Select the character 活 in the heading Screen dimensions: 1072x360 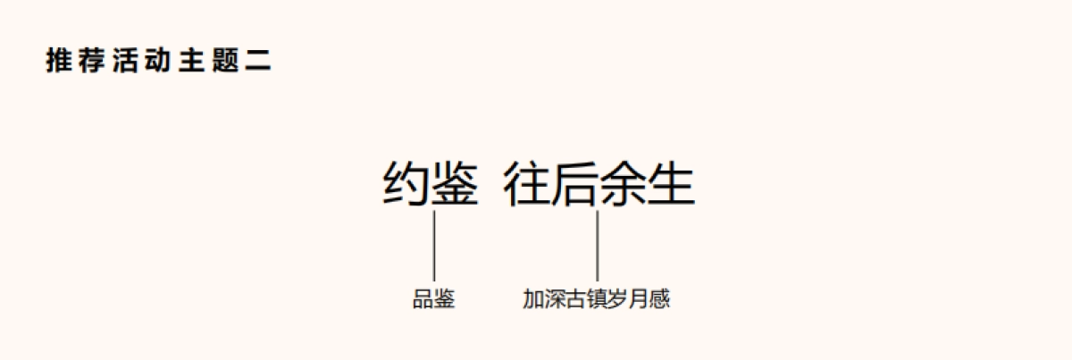[x=125, y=62]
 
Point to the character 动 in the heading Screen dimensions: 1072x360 [x=158, y=62]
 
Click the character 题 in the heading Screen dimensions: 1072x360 [x=225, y=62]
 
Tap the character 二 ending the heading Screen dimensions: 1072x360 [x=258, y=62]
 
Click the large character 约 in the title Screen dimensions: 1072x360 [x=406, y=185]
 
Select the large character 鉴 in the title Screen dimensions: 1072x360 [x=456, y=185]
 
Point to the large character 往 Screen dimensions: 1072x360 [x=527, y=185]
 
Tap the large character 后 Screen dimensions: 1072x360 [x=574, y=185]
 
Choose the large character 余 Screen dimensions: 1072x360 [x=623, y=185]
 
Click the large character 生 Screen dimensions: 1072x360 [x=671, y=185]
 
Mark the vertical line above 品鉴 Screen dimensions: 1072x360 [x=434, y=246]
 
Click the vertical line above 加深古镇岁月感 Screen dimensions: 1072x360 [x=597, y=246]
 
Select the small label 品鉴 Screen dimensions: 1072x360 [x=434, y=300]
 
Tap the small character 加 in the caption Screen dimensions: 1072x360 [x=533, y=300]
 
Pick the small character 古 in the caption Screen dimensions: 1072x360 [x=575, y=300]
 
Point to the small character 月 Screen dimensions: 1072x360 [x=639, y=300]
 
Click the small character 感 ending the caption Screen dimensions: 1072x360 [x=660, y=300]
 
